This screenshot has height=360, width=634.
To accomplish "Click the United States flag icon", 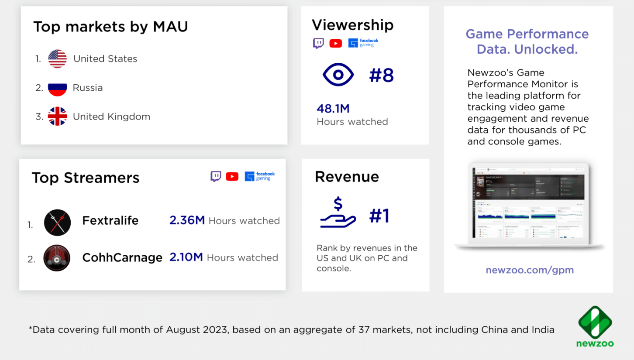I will click(57, 59).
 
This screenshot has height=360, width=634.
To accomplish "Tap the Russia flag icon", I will click(57, 88).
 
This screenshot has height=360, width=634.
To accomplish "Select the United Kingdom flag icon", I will click(57, 117).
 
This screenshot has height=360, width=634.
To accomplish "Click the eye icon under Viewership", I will click(338, 75).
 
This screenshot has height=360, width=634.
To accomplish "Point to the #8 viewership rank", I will click(381, 75).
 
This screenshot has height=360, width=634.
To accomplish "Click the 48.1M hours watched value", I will click(333, 109).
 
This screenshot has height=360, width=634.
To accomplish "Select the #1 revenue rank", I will click(379, 216).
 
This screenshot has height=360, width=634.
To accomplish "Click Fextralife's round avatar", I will click(57, 223).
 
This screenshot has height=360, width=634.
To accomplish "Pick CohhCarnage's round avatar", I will click(57, 258).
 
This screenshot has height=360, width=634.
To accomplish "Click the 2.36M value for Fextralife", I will click(187, 221).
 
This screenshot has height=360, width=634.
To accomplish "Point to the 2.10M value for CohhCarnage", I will click(186, 257).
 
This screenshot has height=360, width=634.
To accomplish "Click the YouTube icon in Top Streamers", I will click(232, 176).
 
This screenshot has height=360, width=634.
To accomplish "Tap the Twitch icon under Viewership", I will click(318, 43).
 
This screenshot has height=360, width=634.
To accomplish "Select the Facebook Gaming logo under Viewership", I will click(363, 43).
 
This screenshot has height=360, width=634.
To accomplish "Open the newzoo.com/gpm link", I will click(530, 270).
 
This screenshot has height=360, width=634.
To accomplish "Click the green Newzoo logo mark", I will click(595, 322).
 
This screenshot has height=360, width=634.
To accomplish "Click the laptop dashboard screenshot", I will click(529, 205).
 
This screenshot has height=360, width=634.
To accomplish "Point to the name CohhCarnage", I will click(122, 258).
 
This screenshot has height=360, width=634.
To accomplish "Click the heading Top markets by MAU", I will click(110, 27).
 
